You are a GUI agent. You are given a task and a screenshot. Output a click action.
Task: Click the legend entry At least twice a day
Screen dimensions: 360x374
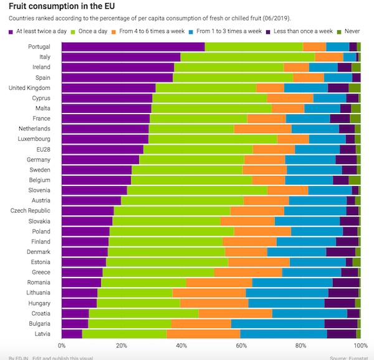coord(41,31)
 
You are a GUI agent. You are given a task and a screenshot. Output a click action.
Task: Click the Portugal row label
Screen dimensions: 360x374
coord(39,47)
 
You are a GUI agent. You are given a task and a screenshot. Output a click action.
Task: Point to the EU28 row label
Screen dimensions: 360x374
coord(42,149)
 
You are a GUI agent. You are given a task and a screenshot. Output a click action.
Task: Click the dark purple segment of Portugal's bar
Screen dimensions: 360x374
coord(133,47)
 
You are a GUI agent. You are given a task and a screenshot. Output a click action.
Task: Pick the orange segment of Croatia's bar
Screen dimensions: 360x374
coord(235,313)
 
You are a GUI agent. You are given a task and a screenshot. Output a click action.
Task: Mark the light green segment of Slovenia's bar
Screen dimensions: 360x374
coord(197,190)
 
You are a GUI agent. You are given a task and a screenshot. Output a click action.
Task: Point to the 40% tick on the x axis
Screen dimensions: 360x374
coord(181,344)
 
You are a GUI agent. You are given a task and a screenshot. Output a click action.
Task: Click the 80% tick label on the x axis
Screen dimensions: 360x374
coord(301,344)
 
